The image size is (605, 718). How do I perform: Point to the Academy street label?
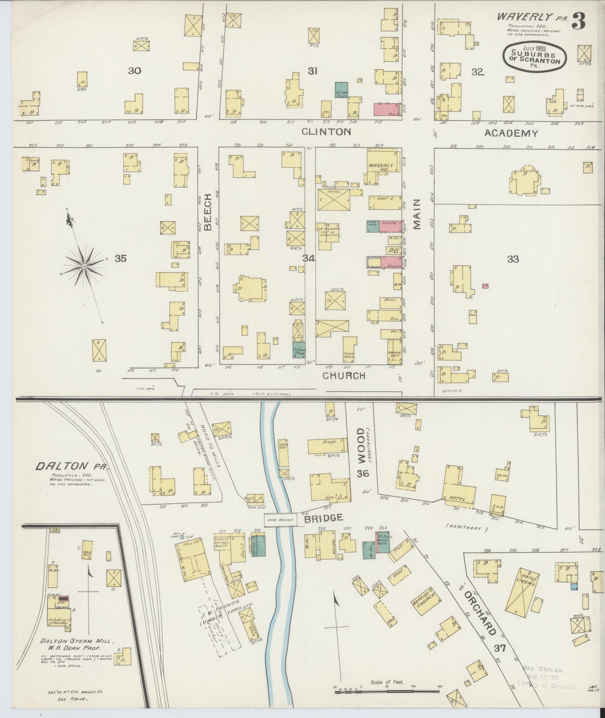coord(511,133)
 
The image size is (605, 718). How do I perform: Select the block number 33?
coord(513,259)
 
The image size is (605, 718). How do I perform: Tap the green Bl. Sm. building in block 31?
coord(341,90)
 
